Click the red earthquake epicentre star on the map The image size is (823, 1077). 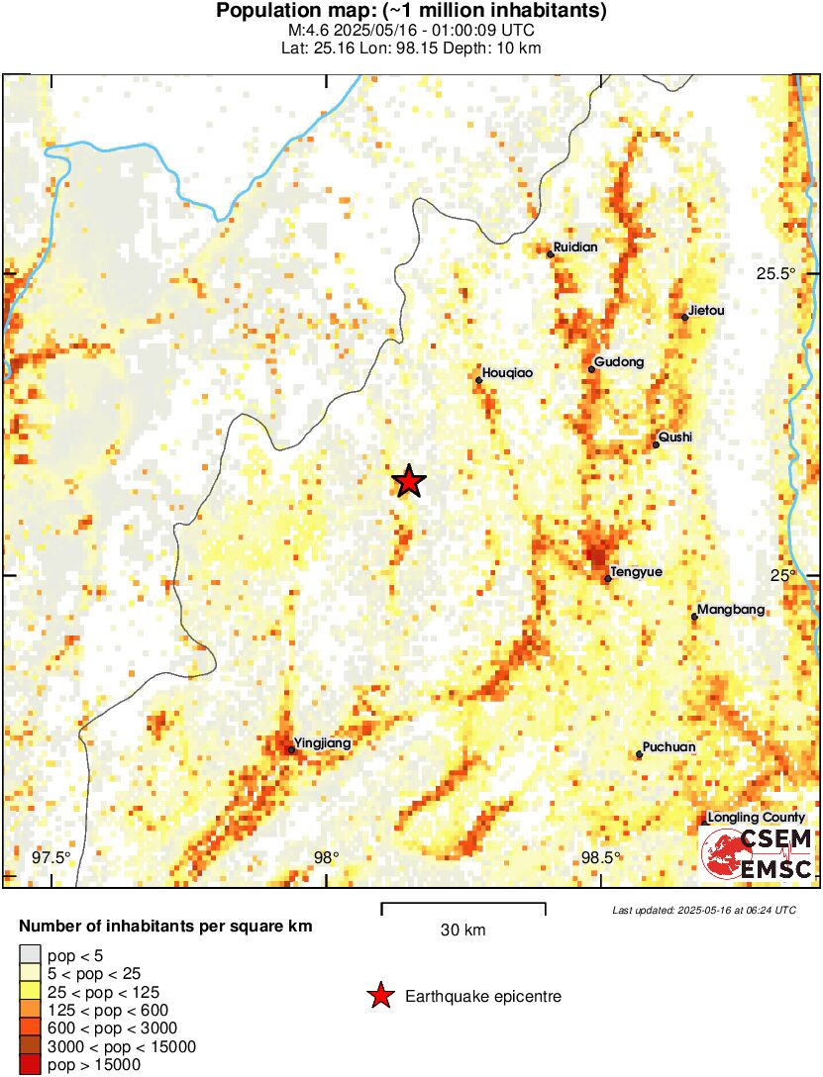[x=409, y=482]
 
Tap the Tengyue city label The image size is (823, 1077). [x=636, y=572]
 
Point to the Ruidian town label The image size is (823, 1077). [x=576, y=247]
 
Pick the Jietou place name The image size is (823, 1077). [x=707, y=311]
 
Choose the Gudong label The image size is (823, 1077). [x=620, y=362]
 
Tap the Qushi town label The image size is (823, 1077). [x=676, y=438]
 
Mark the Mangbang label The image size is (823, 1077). [x=731, y=610]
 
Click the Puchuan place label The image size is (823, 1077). [x=669, y=747]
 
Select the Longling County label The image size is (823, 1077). [x=757, y=818]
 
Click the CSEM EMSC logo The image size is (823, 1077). [x=758, y=854]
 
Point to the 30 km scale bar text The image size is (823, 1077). [x=463, y=930]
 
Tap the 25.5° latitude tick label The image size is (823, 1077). [x=775, y=274]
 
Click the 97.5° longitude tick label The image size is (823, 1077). [x=51, y=857]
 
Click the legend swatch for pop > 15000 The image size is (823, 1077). [x=31, y=1065]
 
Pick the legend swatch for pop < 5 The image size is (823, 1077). [x=31, y=955]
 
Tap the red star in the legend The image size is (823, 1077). [x=379, y=996]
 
